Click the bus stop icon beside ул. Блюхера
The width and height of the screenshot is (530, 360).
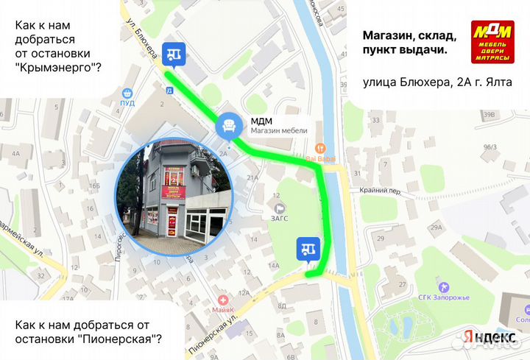point(174,52)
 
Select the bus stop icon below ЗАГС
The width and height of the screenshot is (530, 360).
point(308,250)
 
